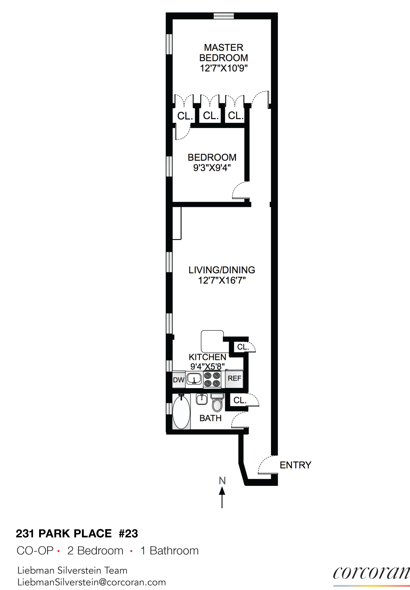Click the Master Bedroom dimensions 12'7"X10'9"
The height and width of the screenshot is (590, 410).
tap(224, 68)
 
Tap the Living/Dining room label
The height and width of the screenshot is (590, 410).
tap(222, 270)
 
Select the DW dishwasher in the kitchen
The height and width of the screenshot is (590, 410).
tap(179, 380)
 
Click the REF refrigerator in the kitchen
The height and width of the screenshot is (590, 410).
tap(234, 378)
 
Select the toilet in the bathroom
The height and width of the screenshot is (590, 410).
tap(217, 403)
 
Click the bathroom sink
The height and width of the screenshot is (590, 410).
tap(202, 399)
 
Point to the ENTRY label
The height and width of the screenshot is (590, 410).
tap(295, 465)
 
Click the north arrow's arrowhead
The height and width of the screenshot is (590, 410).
tap(222, 491)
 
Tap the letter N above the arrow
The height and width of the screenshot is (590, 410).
tap(222, 481)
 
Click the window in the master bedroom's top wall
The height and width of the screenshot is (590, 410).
tap(224, 16)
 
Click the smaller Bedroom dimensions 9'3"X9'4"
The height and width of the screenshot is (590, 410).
tap(212, 168)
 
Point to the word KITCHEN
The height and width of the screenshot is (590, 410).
tap(207, 357)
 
